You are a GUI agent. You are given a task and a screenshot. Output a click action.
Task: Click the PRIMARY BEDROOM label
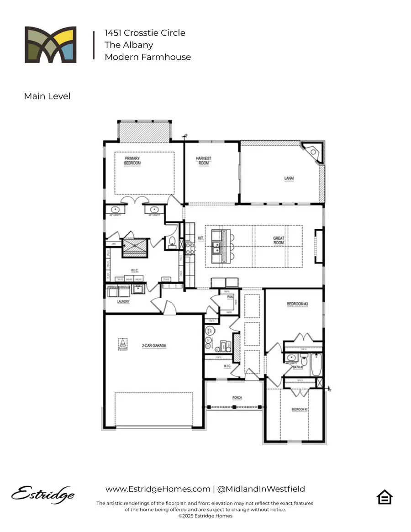pyautogui.click(x=132, y=160)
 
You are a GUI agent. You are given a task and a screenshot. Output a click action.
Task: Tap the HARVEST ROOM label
pyautogui.click(x=204, y=160)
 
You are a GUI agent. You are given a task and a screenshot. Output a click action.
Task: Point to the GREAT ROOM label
pyautogui.click(x=279, y=241)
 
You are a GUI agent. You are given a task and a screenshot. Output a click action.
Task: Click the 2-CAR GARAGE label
pyautogui.click(x=153, y=346)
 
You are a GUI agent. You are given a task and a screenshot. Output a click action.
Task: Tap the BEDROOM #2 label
pyautogui.click(x=300, y=410)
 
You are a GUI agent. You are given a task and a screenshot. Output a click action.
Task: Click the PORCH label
pyautogui.click(x=237, y=398)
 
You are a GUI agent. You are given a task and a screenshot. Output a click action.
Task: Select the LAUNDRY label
pyautogui.click(x=123, y=301)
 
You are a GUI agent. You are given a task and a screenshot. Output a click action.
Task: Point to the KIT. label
pyautogui.click(x=200, y=238)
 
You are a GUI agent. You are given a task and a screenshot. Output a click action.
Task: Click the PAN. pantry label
pyautogui.click(x=230, y=297)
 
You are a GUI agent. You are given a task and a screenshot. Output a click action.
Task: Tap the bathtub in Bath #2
pyautogui.click(x=316, y=365)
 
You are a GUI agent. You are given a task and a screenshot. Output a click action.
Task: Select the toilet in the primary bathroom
pyautogui.click(x=172, y=242)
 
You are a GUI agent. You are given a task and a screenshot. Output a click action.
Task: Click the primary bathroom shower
pyautogui.click(x=135, y=246)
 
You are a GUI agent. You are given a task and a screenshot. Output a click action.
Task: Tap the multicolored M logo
pyautogui.click(x=50, y=44)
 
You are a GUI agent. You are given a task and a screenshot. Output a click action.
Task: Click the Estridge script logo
pyautogui.click(x=43, y=494)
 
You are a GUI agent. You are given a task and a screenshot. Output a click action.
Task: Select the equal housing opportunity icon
pyautogui.click(x=385, y=497)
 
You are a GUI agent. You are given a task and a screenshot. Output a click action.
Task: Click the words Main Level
pyautogui.click(x=47, y=96)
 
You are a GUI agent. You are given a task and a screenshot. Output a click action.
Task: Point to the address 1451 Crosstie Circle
pyautogui.click(x=145, y=33)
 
